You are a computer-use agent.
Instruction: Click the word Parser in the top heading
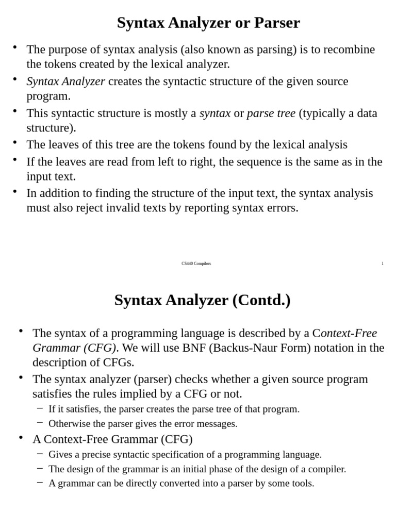(x=277, y=23)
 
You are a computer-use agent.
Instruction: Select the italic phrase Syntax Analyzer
(x=65, y=81)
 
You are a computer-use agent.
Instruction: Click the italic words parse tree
(x=271, y=113)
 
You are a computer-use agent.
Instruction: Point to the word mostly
(x=180, y=113)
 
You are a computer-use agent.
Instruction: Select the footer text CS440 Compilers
(x=196, y=263)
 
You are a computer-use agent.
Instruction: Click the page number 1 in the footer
(x=382, y=263)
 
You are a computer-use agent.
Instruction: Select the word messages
(x=219, y=424)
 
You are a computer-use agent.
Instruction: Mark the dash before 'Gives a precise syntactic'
(x=40, y=454)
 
